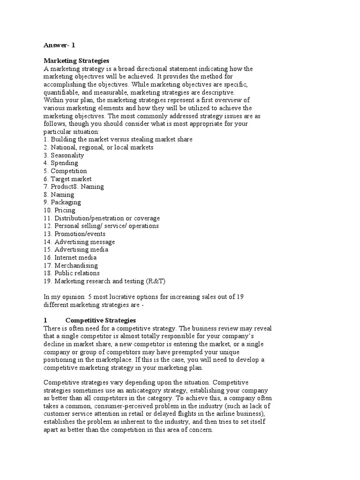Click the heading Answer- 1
coord(59,45)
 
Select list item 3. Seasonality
coord(64,155)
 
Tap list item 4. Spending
coord(61,163)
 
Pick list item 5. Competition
coord(65,171)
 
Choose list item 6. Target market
coord(67,179)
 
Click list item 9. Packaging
coord(62,202)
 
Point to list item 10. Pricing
coord(59,210)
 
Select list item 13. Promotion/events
coord(75,234)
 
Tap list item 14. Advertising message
coord(79,242)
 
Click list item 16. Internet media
coord(70,257)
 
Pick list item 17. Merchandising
coord(71,265)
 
